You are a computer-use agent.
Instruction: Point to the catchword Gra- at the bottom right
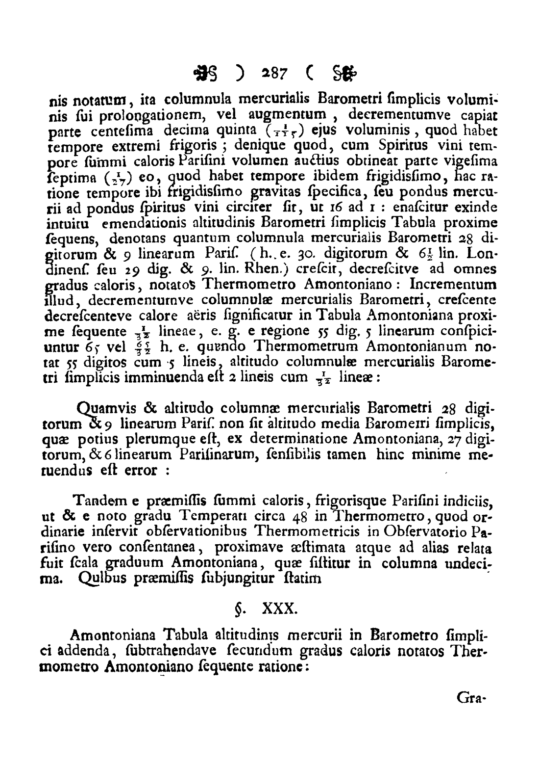click(470, 696)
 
